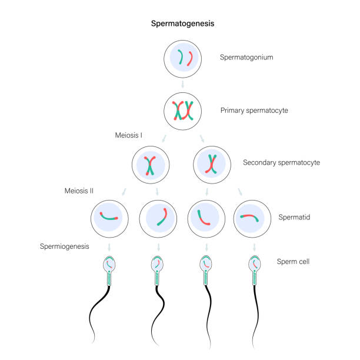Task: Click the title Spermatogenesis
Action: click(x=182, y=24)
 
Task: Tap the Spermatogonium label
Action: click(x=246, y=57)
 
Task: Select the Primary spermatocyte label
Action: click(x=254, y=111)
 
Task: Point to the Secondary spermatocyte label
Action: click(x=282, y=162)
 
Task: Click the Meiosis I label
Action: click(x=129, y=135)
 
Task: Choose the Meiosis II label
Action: click(x=79, y=191)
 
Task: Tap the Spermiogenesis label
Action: click(x=65, y=246)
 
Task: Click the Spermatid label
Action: click(x=294, y=217)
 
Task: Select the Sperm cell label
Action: click(x=293, y=262)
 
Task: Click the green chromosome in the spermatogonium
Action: click(x=181, y=57)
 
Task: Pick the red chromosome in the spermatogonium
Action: click(x=191, y=59)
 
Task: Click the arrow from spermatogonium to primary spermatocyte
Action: click(x=183, y=84)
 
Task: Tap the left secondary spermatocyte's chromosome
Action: click(x=150, y=166)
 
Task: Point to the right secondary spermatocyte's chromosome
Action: click(x=211, y=164)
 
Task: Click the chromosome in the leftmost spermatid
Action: click(x=108, y=218)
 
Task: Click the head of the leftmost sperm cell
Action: click(x=109, y=264)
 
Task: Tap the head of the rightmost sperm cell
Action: click(x=254, y=264)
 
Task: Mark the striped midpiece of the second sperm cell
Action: click(x=157, y=278)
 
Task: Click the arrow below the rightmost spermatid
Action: click(x=254, y=247)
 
